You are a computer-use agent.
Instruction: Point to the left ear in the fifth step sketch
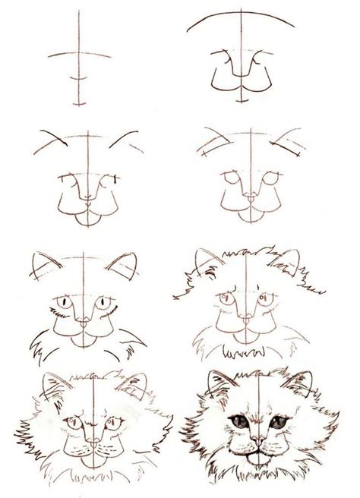click(x=43, y=265)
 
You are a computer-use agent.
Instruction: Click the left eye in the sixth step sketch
click(x=221, y=298)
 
